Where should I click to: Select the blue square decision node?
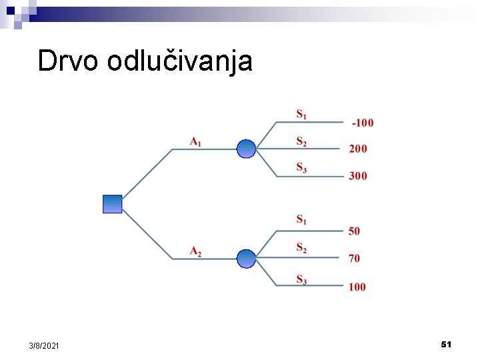tap(113, 204)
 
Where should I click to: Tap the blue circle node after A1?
tap(246, 149)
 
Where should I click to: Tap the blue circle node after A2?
tap(246, 259)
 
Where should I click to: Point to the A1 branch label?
tap(196, 141)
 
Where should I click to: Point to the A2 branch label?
tap(196, 251)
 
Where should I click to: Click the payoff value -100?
tap(363, 123)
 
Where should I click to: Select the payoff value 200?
tap(358, 149)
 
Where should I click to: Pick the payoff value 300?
tap(358, 176)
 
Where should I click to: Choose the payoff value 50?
tap(354, 231)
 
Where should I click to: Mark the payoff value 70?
tap(354, 259)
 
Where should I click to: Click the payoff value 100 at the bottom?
tap(357, 287)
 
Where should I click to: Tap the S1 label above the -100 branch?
tap(302, 114)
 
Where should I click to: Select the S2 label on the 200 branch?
tap(302, 141)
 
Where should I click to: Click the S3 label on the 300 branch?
tap(302, 169)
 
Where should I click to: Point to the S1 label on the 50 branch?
tap(302, 219)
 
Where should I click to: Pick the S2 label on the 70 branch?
tap(302, 249)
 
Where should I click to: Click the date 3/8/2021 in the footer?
tap(44, 345)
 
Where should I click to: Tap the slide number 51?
tap(446, 344)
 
